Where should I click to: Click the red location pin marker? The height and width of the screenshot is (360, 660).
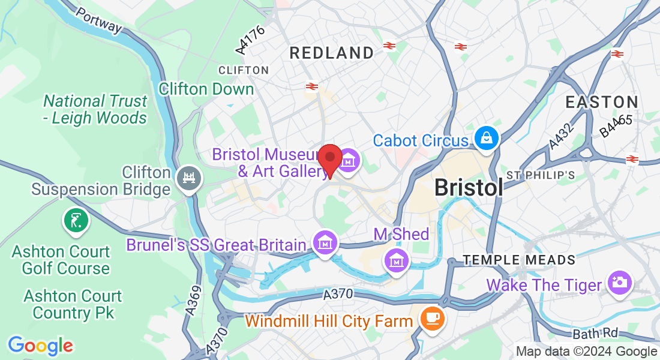pos(329,158)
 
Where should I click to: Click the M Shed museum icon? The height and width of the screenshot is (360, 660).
pos(396,261)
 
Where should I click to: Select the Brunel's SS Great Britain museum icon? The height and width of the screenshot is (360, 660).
pos(325,243)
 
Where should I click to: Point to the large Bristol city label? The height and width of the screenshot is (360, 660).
pos(469,188)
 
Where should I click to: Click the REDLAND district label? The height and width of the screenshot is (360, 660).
pos(332,53)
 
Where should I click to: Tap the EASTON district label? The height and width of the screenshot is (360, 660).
pos(602,102)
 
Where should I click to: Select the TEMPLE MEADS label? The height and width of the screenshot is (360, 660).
pos(519,260)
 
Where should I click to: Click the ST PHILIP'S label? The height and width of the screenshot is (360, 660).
pos(541,175)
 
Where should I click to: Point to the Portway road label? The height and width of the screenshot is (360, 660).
pos(99,20)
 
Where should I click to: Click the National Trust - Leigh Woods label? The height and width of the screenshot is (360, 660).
pos(95,109)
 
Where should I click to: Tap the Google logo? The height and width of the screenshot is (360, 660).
pos(40,346)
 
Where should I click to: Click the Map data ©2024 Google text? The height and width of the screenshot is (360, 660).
pos(586,352)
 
